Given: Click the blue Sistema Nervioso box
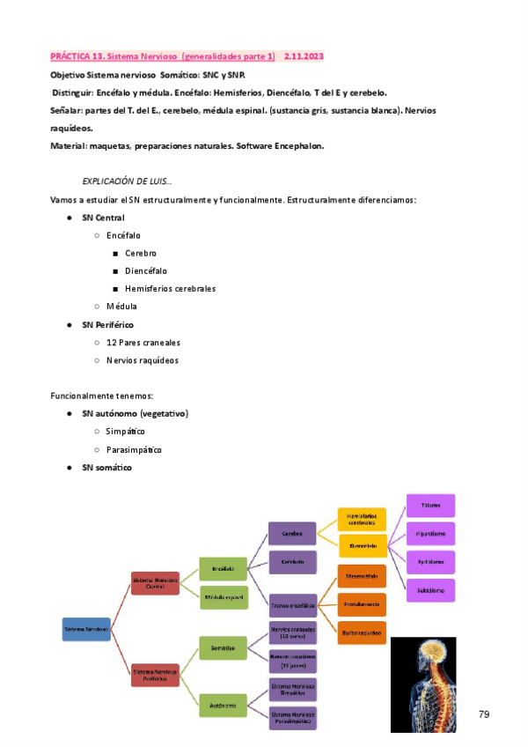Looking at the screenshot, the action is (86, 630).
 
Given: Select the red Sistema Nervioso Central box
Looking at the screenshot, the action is (155, 583).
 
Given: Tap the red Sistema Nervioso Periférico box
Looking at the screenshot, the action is (155, 676).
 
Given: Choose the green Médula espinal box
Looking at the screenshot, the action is (224, 597).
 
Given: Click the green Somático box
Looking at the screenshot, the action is (223, 647).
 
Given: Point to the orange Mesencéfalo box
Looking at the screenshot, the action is (363, 576).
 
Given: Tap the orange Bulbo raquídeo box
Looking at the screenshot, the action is (363, 632).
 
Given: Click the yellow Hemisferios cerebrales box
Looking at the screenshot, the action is (363, 520).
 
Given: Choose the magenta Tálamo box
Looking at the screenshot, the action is (430, 505).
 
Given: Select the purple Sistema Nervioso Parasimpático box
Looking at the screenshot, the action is (293, 718).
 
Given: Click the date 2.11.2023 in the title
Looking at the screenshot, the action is (304, 56).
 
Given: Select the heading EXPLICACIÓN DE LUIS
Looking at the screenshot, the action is (127, 181).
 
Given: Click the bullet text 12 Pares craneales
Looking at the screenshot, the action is (143, 343).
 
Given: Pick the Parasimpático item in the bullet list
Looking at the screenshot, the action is (134, 449).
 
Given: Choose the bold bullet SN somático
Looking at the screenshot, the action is (106, 468).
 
